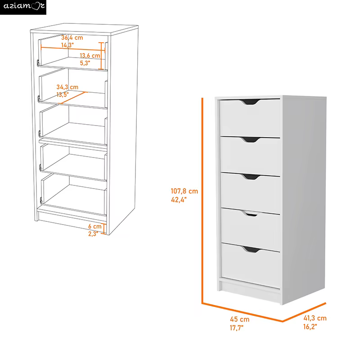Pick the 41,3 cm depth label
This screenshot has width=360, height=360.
(315, 318)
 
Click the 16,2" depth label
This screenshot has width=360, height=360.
(310, 327)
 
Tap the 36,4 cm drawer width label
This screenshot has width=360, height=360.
(72, 37)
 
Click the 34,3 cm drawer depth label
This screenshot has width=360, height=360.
(67, 86)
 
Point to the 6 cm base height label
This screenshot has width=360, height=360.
(94, 226)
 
